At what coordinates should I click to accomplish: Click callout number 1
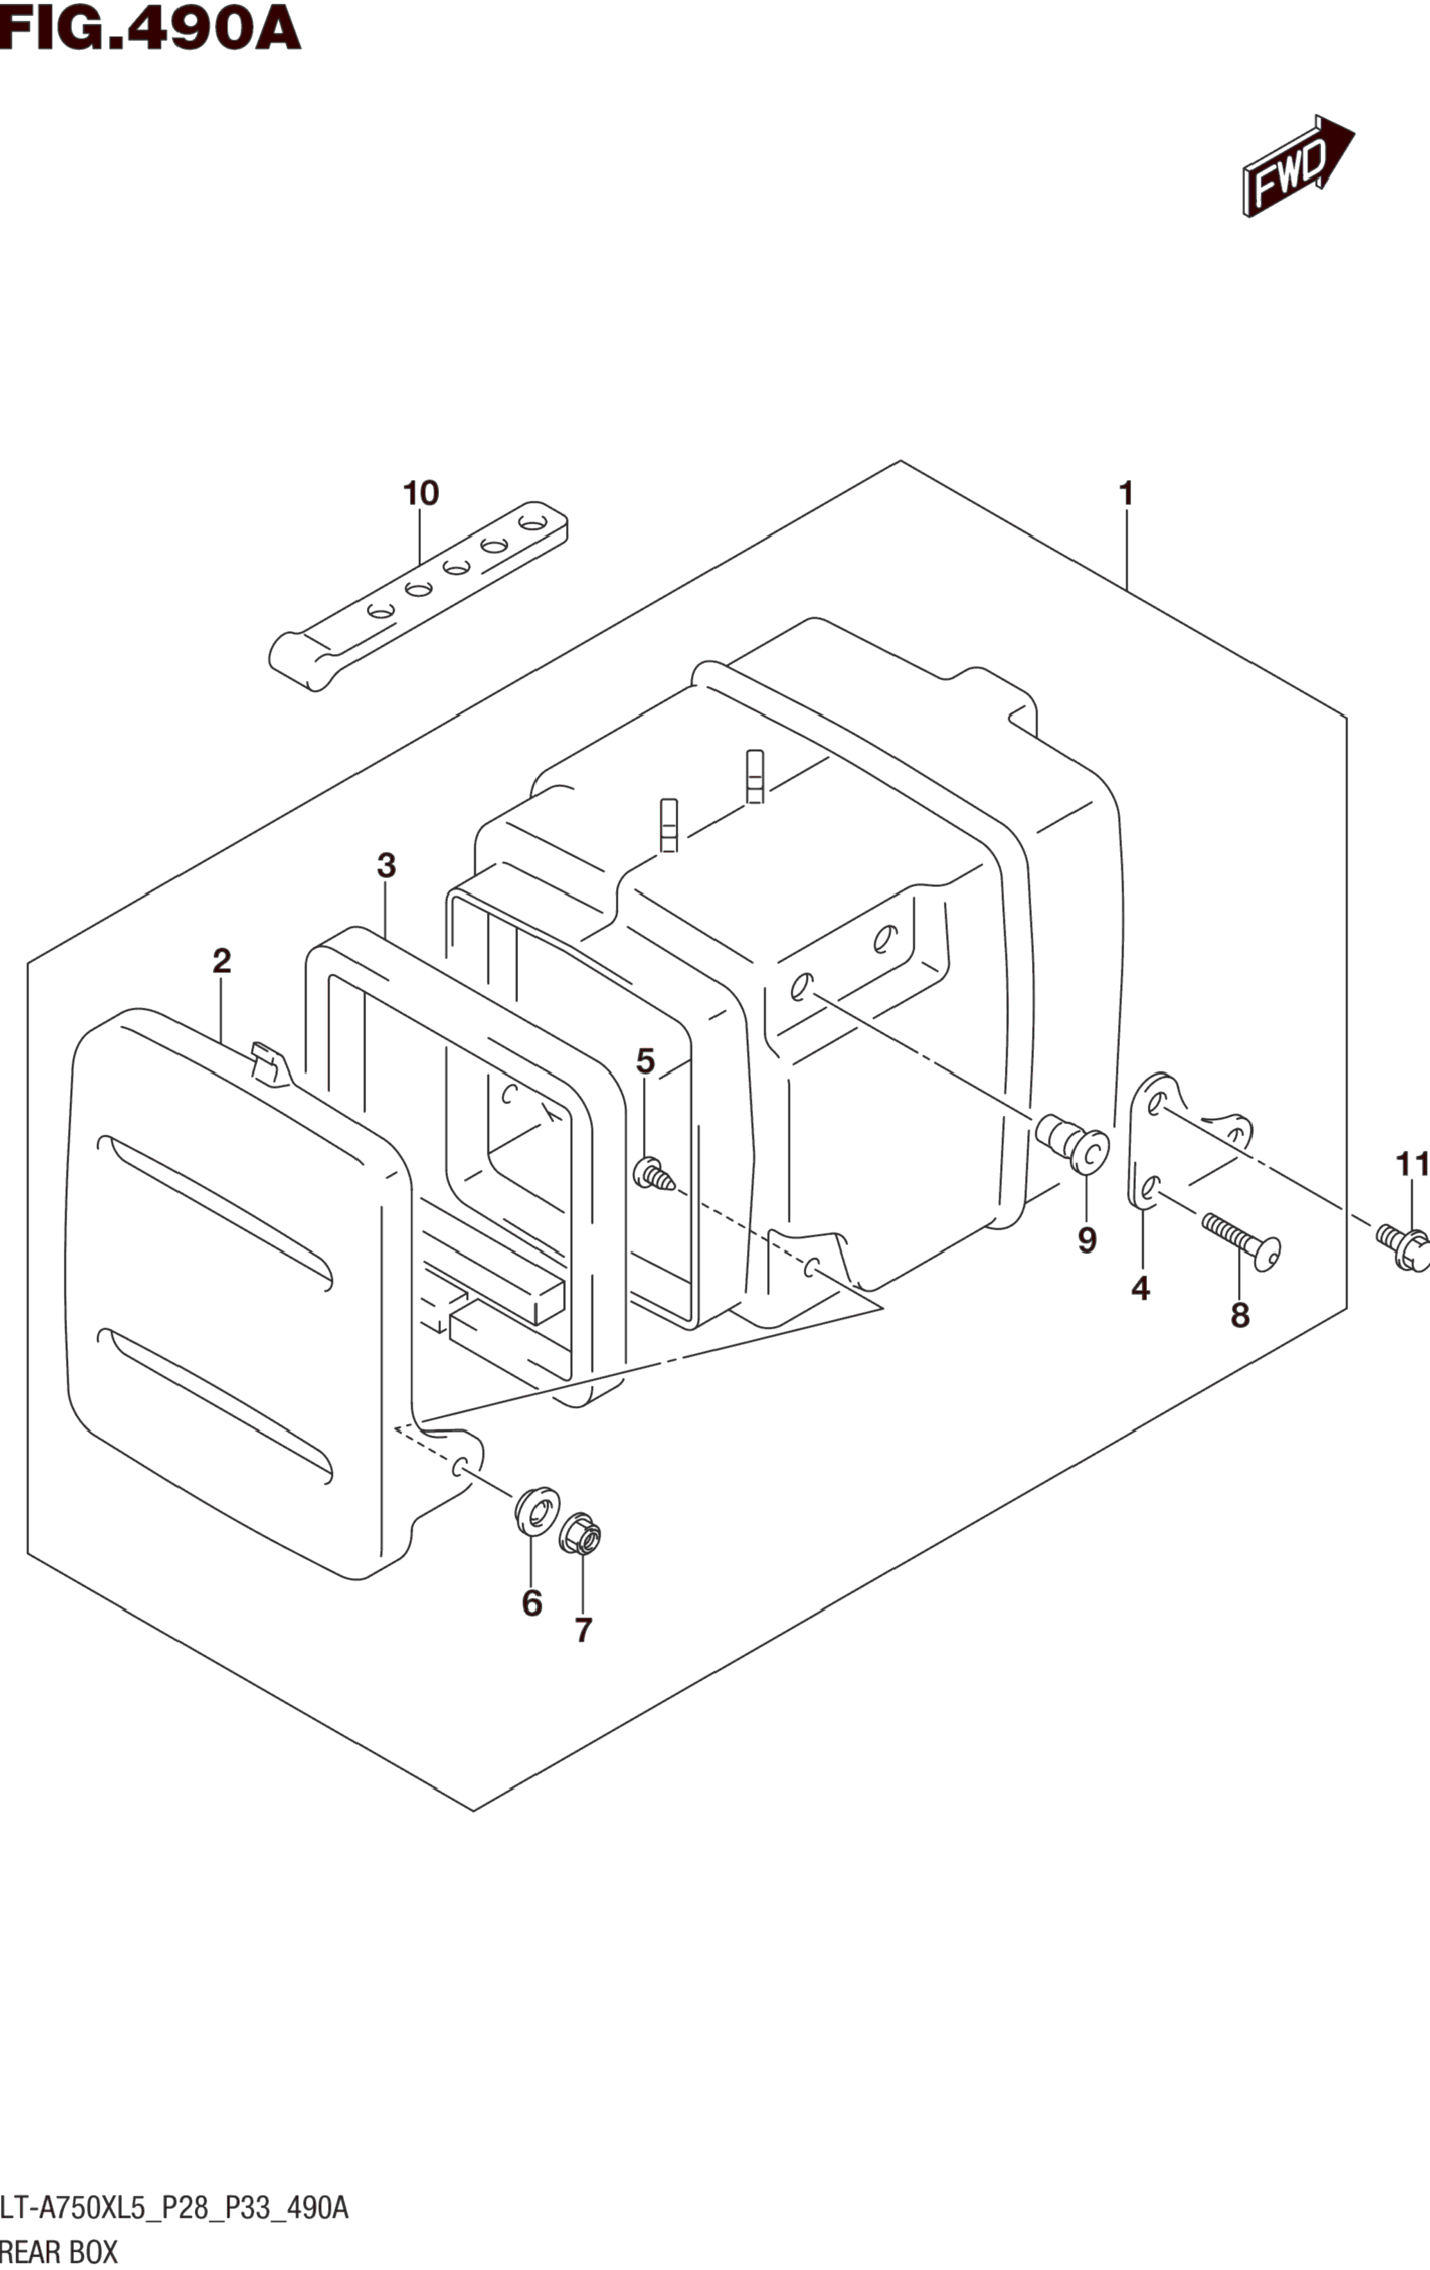point(1126,493)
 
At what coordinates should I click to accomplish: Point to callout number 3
point(386,866)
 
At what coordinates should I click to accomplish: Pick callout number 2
point(221,961)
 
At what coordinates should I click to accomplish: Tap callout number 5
point(645,1061)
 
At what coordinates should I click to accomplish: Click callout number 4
point(1141,1288)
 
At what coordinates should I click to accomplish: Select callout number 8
point(1239,1314)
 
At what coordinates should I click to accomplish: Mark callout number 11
point(1412,1165)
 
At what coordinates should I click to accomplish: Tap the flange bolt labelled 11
point(1404,1246)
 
